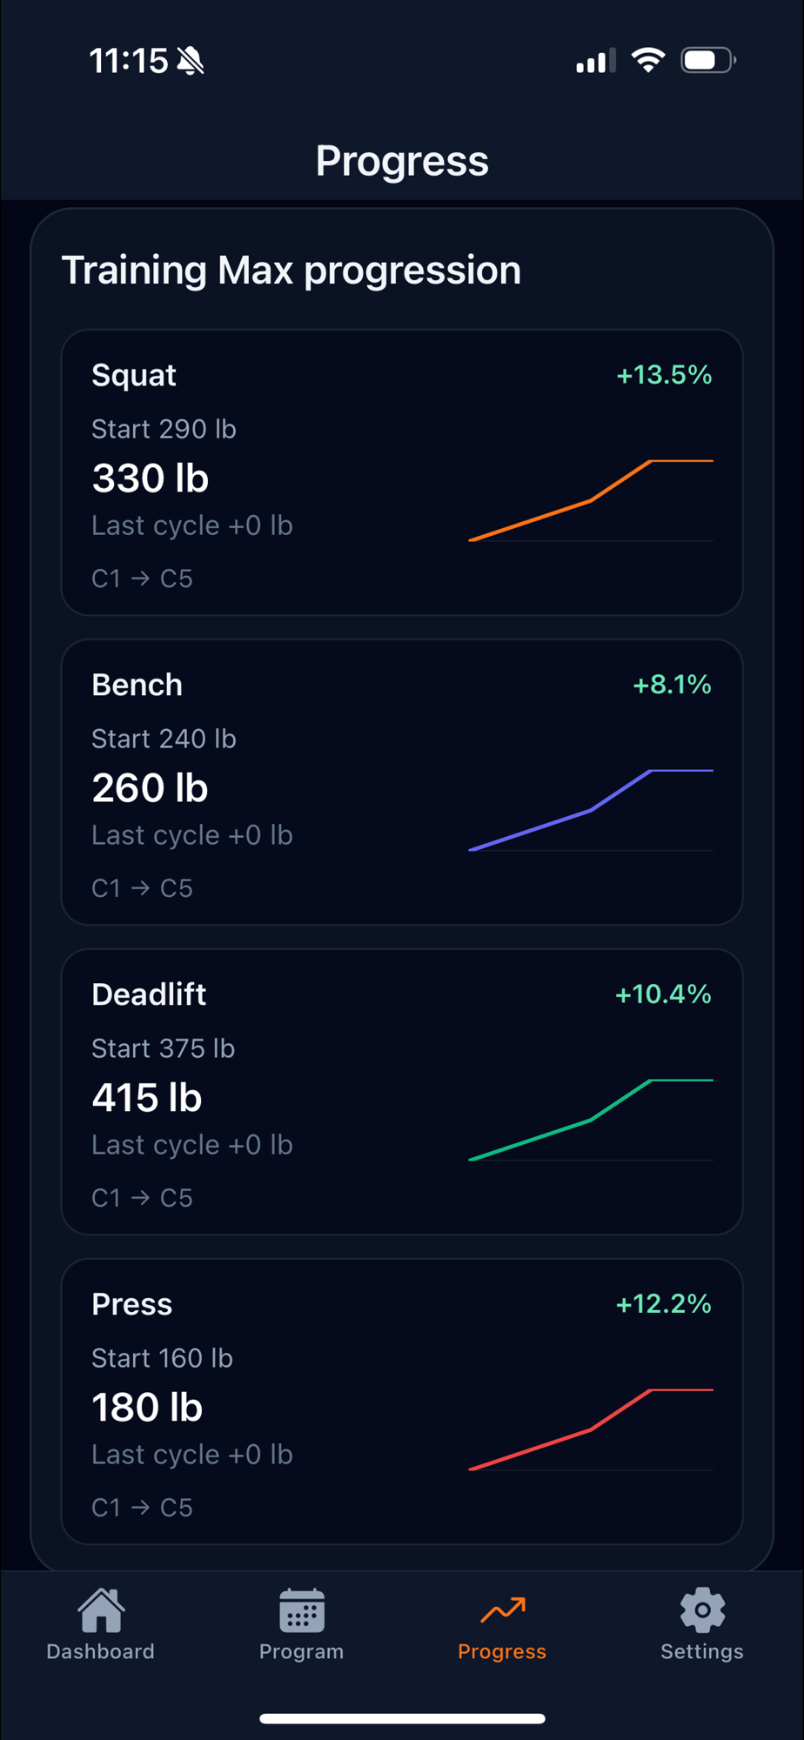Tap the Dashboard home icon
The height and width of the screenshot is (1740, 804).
101,1610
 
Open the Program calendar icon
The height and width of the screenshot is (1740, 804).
302,1610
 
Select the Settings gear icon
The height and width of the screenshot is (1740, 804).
702,1609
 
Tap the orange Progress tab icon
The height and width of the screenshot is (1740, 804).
503,1609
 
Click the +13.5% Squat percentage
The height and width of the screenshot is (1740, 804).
664,375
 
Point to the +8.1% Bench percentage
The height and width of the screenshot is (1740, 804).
672,685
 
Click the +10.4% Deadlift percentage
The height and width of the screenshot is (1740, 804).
663,994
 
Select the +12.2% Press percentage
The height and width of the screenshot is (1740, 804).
663,1304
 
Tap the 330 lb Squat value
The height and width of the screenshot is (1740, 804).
151,478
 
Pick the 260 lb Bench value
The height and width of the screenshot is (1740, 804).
150,788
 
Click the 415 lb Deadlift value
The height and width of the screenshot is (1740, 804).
147,1098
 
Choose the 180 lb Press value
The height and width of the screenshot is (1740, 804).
147,1408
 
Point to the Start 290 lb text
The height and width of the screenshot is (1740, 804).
164,429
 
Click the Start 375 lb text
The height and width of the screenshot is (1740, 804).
163,1048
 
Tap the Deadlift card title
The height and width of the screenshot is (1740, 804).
149,994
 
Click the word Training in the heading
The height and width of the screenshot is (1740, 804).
133,271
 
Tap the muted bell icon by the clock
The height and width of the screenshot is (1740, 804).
191,61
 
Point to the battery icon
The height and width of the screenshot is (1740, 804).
707,60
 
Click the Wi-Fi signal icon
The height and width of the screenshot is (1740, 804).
648,60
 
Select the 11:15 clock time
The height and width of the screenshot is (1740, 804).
129,61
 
